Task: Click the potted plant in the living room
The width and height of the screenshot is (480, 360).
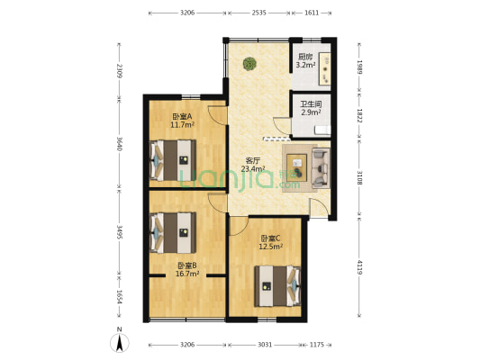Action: pos(249,64)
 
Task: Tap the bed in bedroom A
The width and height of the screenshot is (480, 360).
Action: pos(173,160)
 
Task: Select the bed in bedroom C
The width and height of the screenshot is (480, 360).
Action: pos(277,286)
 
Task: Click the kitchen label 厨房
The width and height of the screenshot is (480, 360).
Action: pos(305,57)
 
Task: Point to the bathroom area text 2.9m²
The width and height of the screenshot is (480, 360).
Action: pos(311,112)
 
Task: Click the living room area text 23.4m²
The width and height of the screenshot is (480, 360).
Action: pos(253,168)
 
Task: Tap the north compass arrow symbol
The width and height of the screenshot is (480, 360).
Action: pos(120,343)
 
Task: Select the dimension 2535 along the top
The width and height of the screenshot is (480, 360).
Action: pos(259,13)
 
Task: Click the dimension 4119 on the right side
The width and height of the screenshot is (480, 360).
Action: pos(360,267)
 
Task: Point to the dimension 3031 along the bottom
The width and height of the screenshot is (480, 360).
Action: pos(265,345)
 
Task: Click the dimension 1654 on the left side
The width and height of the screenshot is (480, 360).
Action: pos(120,297)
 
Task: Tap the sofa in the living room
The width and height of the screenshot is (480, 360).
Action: pos(321,168)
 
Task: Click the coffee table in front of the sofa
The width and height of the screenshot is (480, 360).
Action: pos(296,168)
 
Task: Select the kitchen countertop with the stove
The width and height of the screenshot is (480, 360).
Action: pos(324,68)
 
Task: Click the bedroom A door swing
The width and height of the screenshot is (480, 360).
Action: pos(217,115)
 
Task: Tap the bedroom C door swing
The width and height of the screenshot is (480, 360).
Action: pos(238,226)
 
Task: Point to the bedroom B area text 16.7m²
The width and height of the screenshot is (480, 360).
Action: pos(187,274)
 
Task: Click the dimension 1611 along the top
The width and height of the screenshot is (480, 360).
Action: pos(312,13)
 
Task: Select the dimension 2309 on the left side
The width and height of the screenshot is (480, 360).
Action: pos(120,71)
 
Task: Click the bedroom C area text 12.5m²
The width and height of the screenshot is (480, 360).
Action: pos(270,247)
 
